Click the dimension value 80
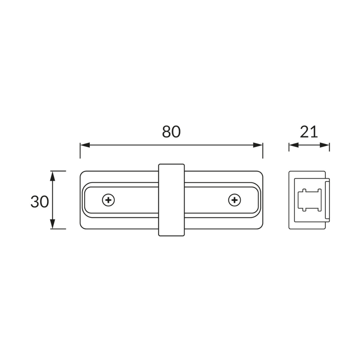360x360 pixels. [171, 132]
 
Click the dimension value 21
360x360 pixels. [309, 132]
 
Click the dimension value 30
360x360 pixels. [40, 202]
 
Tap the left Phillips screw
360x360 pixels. [108, 200]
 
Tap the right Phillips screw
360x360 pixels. [234, 200]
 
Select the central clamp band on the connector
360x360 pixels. [172, 200]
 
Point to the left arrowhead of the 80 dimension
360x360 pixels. [85, 145]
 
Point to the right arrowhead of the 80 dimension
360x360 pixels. [258, 145]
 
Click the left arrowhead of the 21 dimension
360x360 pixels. [294, 145]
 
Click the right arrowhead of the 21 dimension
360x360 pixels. [325, 145]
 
